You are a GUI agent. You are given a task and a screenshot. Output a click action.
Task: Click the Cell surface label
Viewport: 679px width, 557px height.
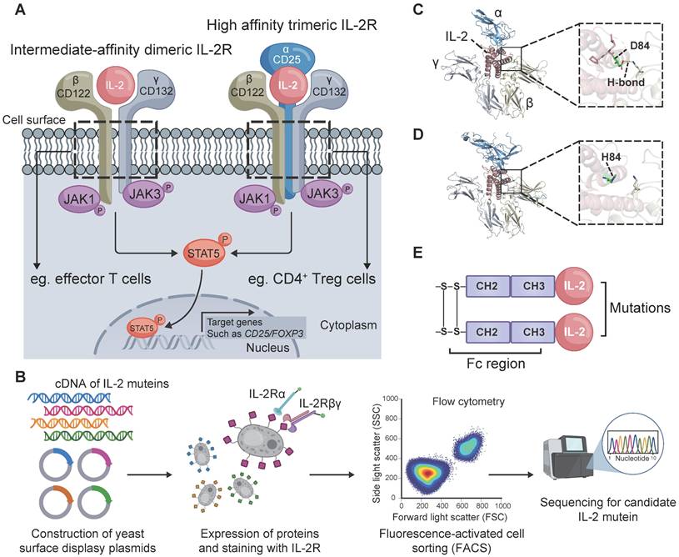tap(32, 119)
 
